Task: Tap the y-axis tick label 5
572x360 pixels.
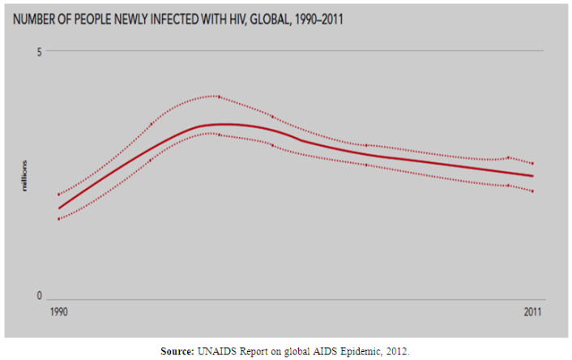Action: coord(38,51)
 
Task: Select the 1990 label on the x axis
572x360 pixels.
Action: coord(58,311)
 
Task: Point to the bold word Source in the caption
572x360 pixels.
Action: coord(177,351)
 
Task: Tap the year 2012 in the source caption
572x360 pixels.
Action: coord(396,351)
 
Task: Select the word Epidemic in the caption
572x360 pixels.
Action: coord(356,351)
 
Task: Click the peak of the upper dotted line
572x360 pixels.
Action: coord(217,96)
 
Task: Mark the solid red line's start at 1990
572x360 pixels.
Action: coord(58,208)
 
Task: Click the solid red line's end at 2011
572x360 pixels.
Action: coord(533,176)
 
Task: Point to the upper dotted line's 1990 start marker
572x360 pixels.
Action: coord(58,195)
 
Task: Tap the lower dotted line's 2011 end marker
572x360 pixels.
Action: coord(533,191)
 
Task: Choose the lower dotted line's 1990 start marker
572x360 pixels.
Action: coord(58,219)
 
